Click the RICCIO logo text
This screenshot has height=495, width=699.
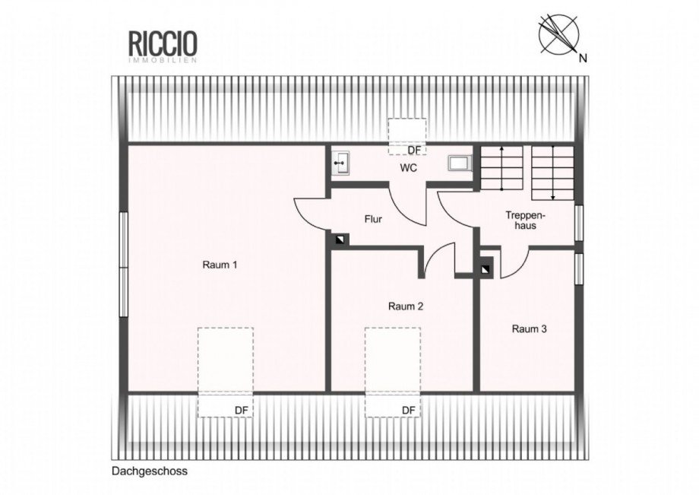[x=163, y=43]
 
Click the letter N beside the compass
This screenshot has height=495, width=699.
[x=583, y=58]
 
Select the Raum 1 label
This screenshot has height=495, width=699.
[x=220, y=265]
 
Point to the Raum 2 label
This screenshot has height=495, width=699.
[x=405, y=306]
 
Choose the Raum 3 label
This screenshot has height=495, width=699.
[x=529, y=329]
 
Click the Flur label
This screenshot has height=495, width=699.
[x=373, y=219]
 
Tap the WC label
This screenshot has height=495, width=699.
[x=408, y=168]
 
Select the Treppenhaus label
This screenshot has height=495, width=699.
[x=526, y=221]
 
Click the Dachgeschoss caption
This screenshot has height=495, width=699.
[x=150, y=471]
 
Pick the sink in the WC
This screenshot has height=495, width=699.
[x=341, y=163]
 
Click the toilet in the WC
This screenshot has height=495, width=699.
[x=460, y=163]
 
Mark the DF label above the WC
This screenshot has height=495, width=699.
[x=414, y=151]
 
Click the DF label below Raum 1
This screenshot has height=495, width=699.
[x=241, y=411]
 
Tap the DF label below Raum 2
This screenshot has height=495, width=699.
[x=408, y=411]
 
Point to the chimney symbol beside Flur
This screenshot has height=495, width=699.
[x=341, y=240]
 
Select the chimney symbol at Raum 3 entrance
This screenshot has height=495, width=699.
[x=486, y=269]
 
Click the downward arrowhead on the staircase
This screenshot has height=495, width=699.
[x=553, y=197]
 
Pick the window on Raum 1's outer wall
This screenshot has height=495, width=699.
[x=124, y=264]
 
